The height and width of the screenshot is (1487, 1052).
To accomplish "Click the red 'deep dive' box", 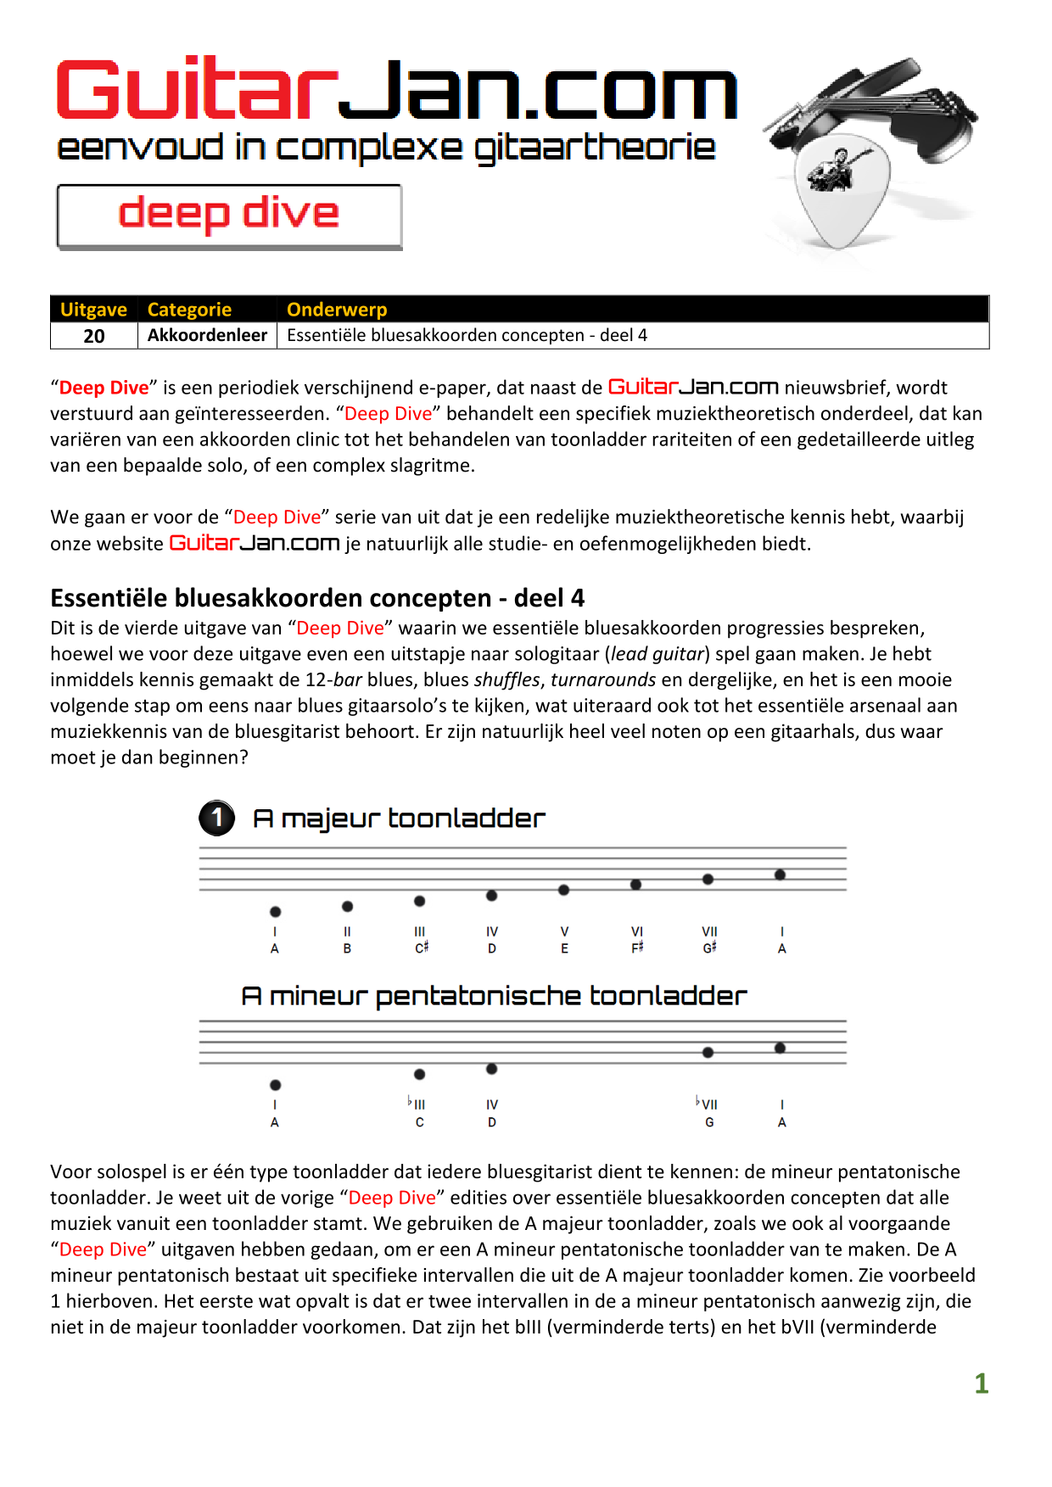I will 229,216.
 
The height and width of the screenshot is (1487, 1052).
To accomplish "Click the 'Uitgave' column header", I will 93,310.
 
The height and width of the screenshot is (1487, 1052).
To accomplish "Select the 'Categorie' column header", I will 189,310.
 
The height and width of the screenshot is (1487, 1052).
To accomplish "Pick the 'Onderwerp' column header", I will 337,310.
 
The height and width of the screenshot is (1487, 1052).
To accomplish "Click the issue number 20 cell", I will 94,336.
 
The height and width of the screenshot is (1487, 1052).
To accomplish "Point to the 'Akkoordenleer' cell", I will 207,335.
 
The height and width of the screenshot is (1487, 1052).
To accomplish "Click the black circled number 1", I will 217,818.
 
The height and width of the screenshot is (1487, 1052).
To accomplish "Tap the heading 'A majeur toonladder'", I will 399,819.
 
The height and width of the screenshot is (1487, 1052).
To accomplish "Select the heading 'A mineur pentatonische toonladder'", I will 494,996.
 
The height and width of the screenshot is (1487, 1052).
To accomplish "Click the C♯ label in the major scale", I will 421,948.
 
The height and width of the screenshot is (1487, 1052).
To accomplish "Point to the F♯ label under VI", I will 637,948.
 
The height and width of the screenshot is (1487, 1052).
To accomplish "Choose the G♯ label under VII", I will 709,948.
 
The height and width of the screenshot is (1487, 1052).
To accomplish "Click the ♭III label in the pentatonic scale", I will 417,1104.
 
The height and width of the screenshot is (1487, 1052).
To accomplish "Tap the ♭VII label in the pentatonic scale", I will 707,1104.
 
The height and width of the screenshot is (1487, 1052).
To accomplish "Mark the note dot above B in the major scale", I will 347,907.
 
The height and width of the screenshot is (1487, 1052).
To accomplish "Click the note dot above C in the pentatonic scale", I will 419,1075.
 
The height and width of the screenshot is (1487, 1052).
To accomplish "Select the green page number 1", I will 982,1384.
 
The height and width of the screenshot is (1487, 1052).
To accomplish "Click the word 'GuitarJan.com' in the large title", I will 396,91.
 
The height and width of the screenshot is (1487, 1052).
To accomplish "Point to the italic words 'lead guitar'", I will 657,654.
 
